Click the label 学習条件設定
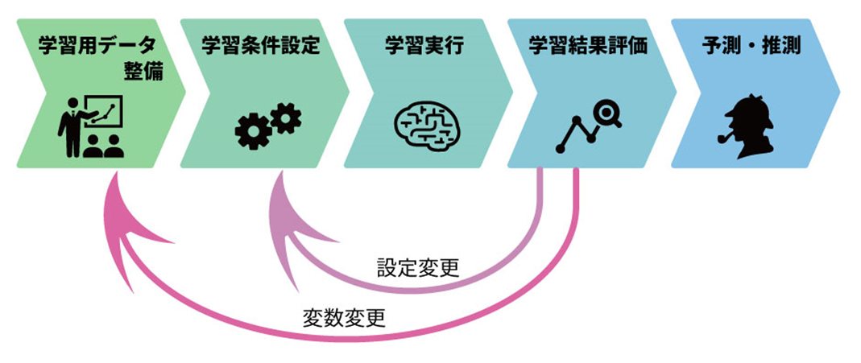[x=261, y=45]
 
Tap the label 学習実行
[x=424, y=45]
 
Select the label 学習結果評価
[x=588, y=45]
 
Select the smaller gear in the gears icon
[x=285, y=119]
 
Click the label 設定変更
[x=418, y=267]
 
